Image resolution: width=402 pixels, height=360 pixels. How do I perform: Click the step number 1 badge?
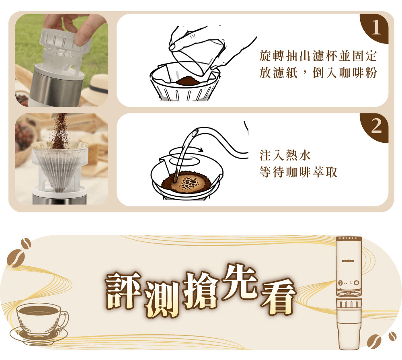[x=375, y=28]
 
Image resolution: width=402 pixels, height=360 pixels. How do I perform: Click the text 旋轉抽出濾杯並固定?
[x=318, y=56]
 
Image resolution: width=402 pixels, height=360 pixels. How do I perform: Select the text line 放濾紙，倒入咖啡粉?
[x=318, y=72]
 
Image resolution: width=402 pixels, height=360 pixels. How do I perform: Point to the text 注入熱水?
[x=285, y=155]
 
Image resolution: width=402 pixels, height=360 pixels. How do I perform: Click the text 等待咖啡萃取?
[x=298, y=172]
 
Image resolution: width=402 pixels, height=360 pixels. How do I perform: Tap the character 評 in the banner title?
[x=123, y=290]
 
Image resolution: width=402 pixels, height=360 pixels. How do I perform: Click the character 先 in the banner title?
[x=240, y=282]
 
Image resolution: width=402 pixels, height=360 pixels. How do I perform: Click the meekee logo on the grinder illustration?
[x=348, y=261]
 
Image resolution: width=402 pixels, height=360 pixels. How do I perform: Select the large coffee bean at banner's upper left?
[x=16, y=258]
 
